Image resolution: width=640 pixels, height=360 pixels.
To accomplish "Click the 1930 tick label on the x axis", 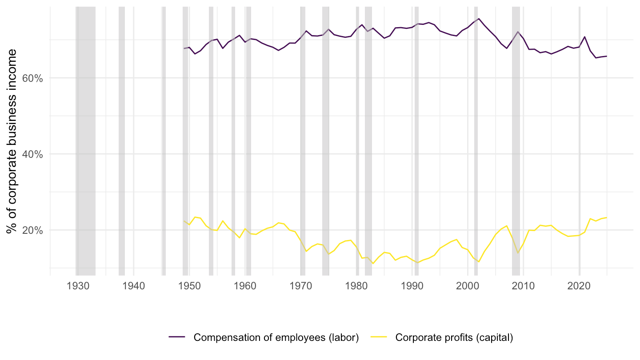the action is tap(78, 286).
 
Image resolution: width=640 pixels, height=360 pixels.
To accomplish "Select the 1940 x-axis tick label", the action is tap(134, 286).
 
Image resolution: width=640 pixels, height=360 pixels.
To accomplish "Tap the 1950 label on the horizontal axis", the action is tap(189, 286).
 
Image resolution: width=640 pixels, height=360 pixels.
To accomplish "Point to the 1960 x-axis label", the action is tap(245, 286).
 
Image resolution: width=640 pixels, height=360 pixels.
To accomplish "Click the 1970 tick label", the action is tap(300, 286).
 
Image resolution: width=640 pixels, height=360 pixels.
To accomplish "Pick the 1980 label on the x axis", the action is tap(356, 286).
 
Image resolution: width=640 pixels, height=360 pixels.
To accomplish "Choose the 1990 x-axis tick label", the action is tap(412, 286).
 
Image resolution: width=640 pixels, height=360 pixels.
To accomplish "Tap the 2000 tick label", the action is tap(468, 286).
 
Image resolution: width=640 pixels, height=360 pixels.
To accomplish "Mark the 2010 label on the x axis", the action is tap(523, 286).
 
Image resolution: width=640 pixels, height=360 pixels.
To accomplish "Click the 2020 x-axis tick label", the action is tap(579, 286).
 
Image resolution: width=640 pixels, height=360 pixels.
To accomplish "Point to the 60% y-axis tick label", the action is tap(32, 78).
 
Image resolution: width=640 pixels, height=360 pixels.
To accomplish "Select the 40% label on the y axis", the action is tap(32, 154).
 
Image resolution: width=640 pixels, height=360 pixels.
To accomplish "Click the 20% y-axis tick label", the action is tap(32, 230).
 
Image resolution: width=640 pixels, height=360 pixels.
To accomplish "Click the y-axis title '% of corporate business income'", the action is tap(12, 141).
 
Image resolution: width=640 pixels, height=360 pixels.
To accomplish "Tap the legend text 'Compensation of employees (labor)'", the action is tap(276, 337).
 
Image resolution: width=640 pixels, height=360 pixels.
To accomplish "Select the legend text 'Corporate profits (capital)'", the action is tap(454, 337).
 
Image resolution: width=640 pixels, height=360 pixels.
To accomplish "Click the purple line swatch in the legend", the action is tap(177, 337).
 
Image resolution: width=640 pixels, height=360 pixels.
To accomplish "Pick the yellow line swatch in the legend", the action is tap(379, 337).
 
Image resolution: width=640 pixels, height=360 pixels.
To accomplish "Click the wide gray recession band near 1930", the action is tap(85, 141).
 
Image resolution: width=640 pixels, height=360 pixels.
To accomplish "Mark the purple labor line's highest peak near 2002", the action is tap(479, 19).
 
